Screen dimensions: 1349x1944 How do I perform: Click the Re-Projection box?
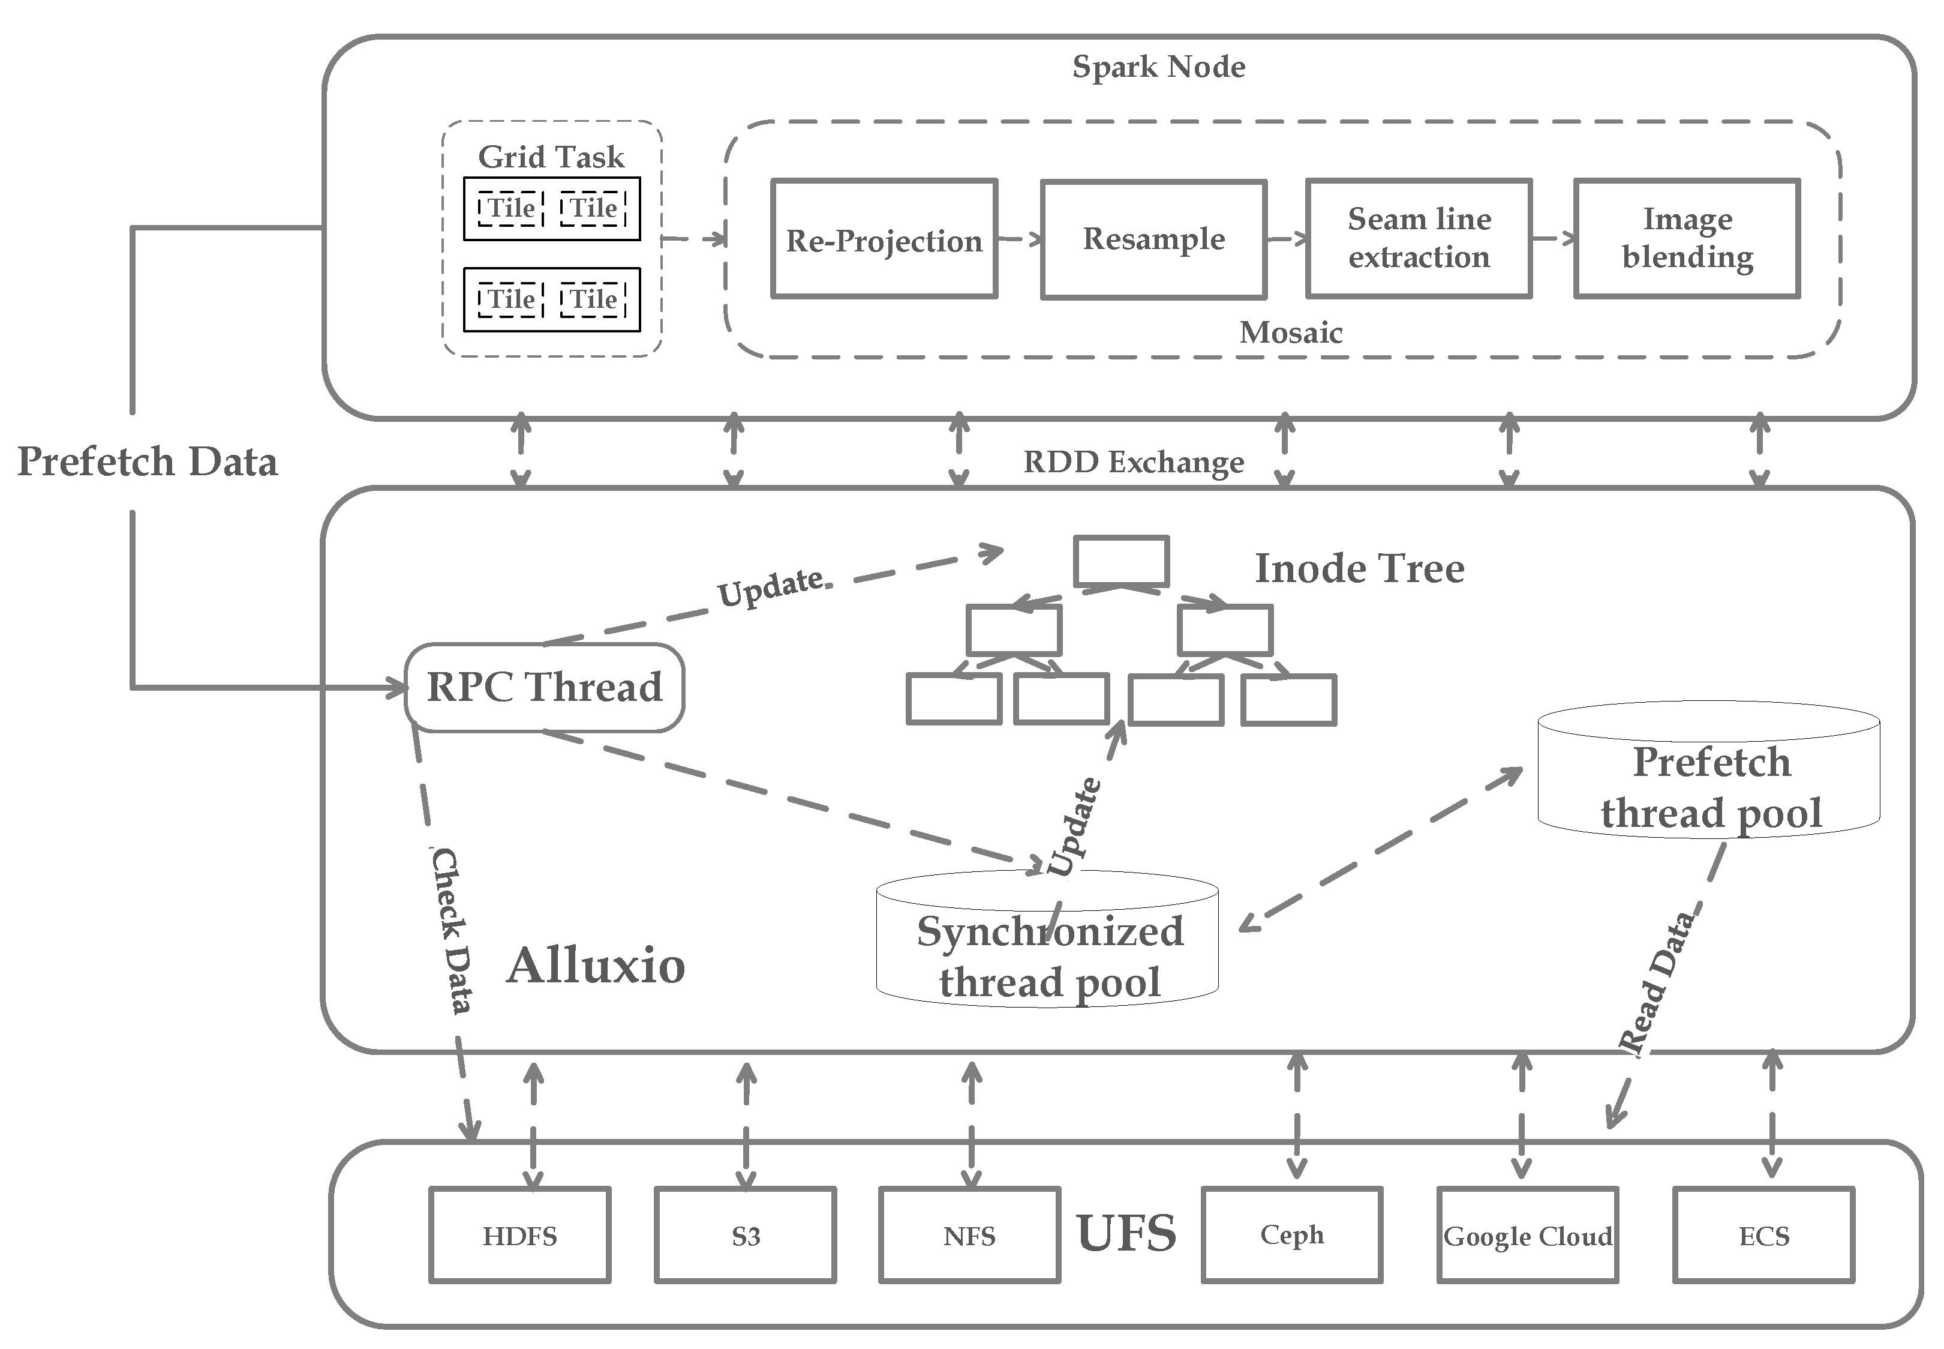tap(884, 239)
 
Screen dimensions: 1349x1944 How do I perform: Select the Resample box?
tap(1153, 239)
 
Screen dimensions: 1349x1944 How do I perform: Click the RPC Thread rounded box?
tap(544, 687)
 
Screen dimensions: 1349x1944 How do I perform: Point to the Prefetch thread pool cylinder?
tap(1708, 786)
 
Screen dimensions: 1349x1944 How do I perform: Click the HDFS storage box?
tap(519, 1236)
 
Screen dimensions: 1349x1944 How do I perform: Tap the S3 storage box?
tap(745, 1236)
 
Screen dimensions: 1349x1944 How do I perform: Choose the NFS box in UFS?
tap(969, 1236)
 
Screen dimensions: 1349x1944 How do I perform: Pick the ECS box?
tap(1764, 1236)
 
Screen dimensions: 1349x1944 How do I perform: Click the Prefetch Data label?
tap(148, 462)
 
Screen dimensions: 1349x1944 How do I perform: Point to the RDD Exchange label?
tap(1133, 462)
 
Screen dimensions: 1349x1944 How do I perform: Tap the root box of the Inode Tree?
tap(1121, 560)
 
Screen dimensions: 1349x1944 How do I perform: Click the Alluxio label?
tap(596, 966)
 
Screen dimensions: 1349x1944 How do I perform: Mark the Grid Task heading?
tap(551, 157)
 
